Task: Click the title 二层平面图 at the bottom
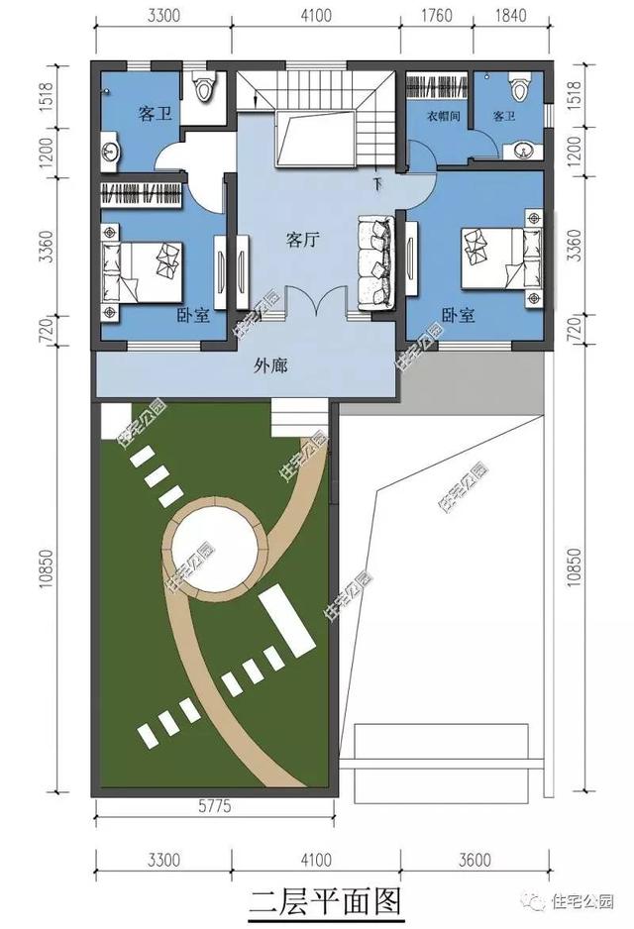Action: pos(325,901)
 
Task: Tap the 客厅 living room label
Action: pos(303,240)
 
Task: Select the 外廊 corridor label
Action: pos(270,366)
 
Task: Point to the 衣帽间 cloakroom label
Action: pos(443,116)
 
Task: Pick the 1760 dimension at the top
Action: pos(437,15)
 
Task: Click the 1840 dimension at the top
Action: pos(509,15)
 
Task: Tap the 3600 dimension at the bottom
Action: pos(475,859)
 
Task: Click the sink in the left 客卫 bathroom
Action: pos(110,152)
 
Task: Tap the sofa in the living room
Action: pos(376,262)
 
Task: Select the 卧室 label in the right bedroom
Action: pos(459,315)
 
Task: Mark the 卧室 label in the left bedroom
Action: pos(194,315)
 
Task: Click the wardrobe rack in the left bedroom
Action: pos(142,194)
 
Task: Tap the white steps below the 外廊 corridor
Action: pos(300,418)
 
